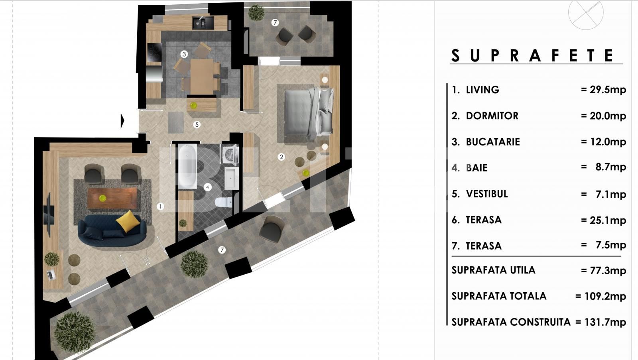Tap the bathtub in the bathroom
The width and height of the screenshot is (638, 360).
pos(187,167)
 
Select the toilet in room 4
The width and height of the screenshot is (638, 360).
pos(223,202)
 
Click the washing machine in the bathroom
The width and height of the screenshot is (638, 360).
pos(230,155)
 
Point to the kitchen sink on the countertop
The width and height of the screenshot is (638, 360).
pos(203,23)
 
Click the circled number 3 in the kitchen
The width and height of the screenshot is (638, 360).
pos(184,54)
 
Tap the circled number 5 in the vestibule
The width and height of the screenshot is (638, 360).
pos(197,124)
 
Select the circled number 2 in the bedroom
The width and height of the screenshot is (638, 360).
pos(282,157)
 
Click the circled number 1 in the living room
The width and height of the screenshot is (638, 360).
pos(160,206)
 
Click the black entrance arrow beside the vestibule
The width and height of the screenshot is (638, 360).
pos(123,120)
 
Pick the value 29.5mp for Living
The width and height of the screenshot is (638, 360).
pos(603,90)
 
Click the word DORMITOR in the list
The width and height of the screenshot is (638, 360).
pos(492,116)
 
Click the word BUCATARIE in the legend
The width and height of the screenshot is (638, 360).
pos(493,142)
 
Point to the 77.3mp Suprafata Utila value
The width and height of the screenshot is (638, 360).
pos(603,271)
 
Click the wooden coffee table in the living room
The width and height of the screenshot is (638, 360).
pos(112,198)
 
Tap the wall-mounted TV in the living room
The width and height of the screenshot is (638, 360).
pos(48,215)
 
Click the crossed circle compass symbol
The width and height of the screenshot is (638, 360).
pos(585,12)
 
